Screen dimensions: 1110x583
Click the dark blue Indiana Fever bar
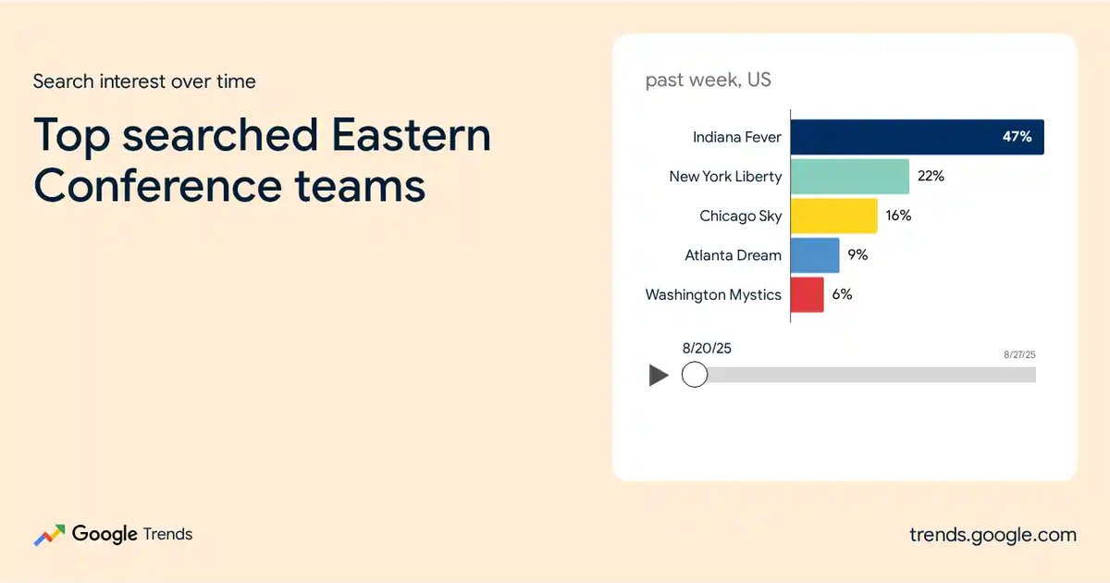tap(918, 137)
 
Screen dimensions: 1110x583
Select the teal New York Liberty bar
tap(850, 177)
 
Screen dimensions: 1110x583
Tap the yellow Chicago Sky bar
tap(834, 216)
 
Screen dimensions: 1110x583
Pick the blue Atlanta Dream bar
tap(815, 255)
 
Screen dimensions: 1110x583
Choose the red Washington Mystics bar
tap(808, 295)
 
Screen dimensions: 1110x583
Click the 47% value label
tap(1017, 136)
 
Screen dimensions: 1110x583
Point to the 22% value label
tap(931, 176)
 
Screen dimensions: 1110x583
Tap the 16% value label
tap(898, 216)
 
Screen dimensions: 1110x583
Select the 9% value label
tap(857, 254)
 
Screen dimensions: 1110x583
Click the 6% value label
tap(842, 294)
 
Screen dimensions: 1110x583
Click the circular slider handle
tap(695, 374)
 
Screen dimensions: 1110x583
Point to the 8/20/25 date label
tap(707, 349)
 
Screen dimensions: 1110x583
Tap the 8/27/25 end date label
tap(1019, 354)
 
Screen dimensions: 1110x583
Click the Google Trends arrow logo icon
tap(49, 536)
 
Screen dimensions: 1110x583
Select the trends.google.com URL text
tap(993, 535)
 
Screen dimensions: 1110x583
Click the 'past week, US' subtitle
tap(709, 80)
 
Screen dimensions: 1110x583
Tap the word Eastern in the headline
tap(411, 135)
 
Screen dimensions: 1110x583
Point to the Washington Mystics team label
tap(713, 295)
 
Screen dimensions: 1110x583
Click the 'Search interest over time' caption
tap(144, 81)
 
